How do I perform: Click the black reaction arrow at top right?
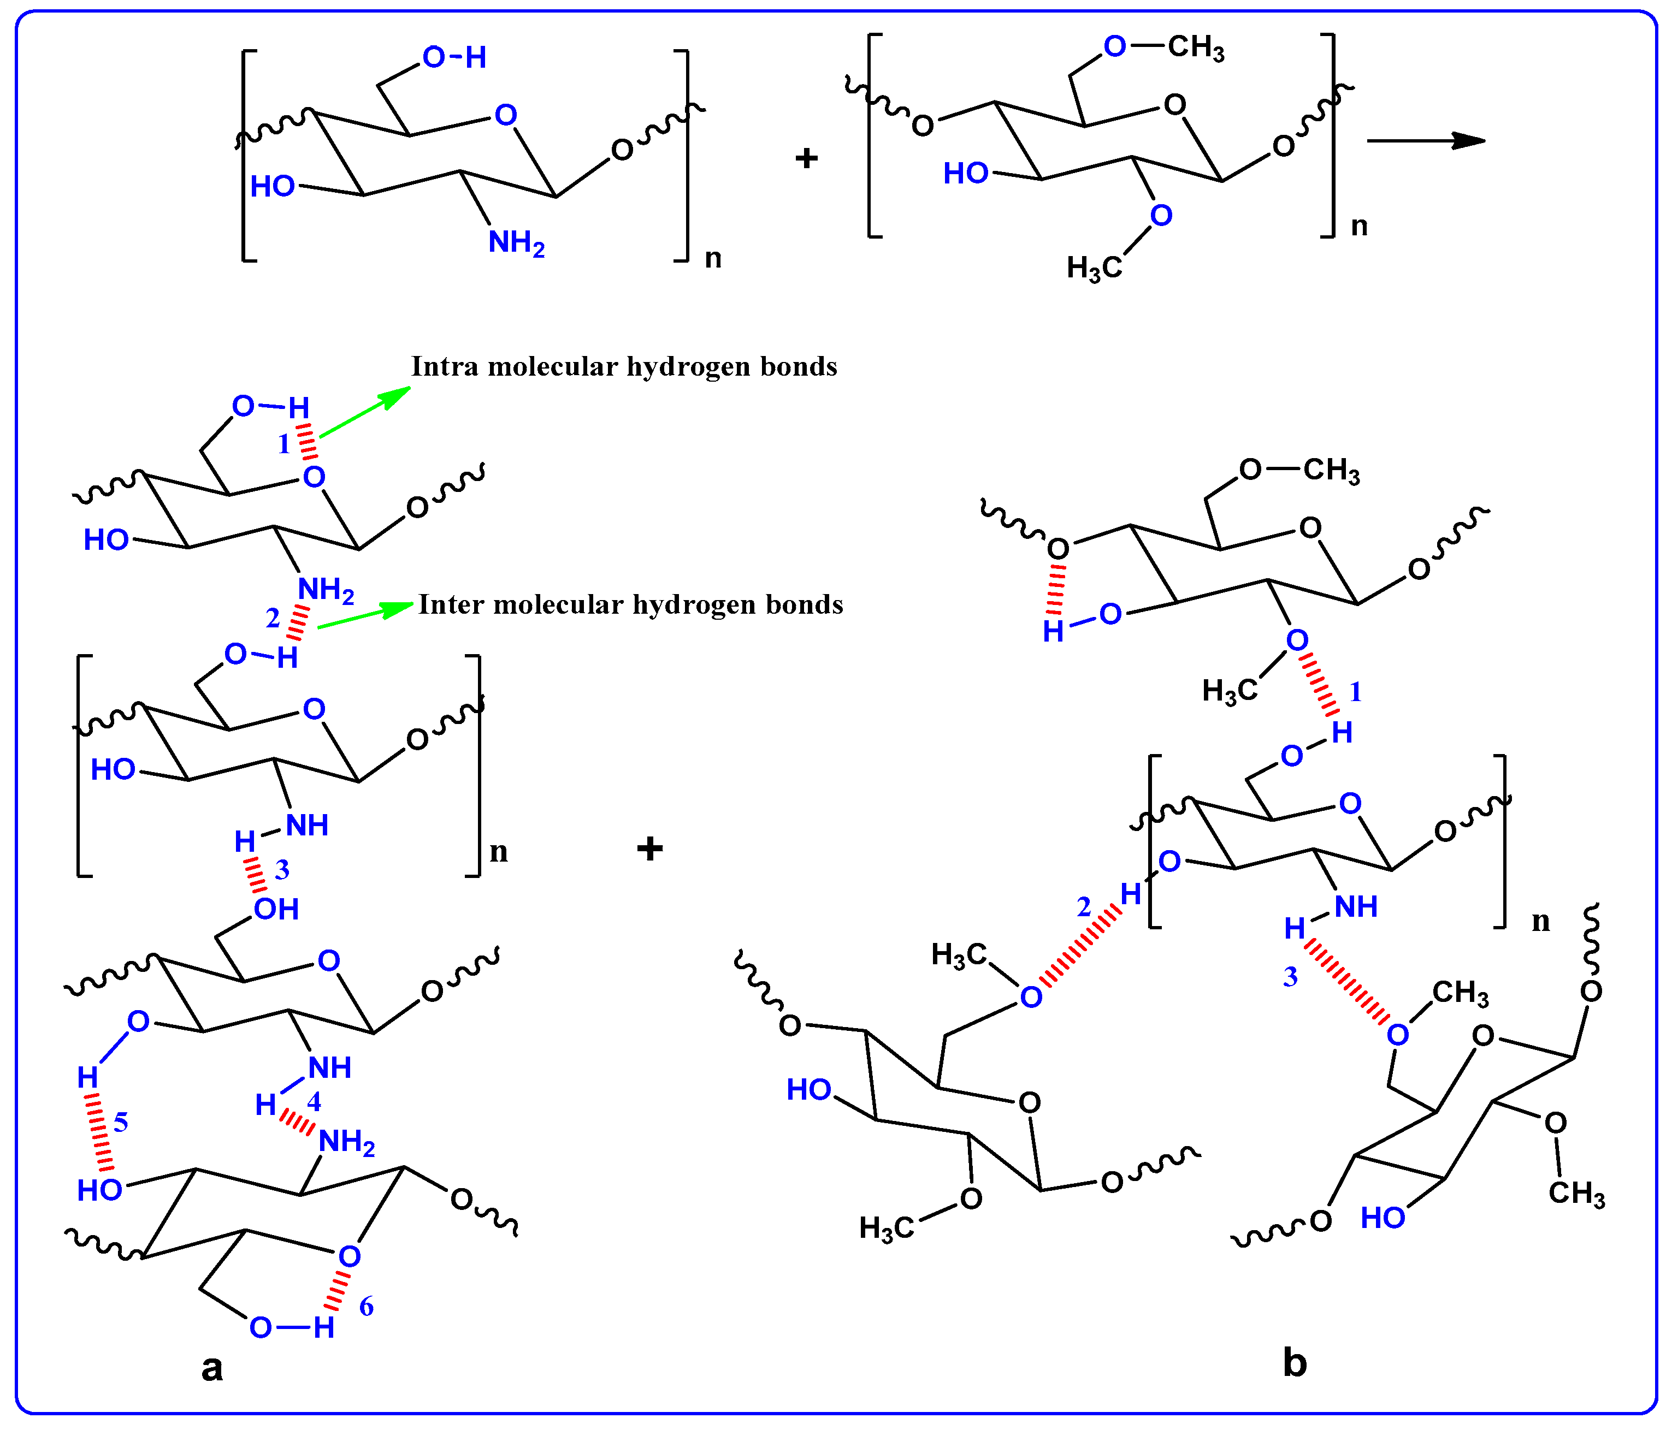(1426, 141)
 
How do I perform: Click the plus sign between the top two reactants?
(806, 158)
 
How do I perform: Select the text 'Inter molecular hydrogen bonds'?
(630, 604)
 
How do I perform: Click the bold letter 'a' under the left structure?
(211, 1367)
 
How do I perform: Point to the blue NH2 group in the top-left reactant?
(516, 243)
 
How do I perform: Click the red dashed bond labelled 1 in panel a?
(306, 443)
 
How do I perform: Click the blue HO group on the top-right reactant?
(966, 174)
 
